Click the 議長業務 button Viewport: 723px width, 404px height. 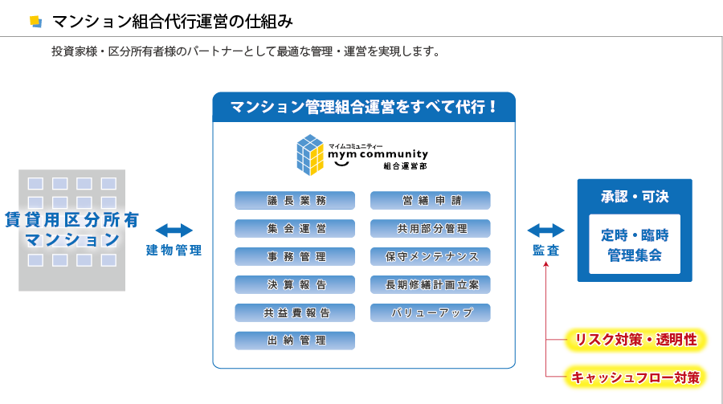[x=295, y=201]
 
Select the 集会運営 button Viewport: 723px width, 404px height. [x=295, y=229]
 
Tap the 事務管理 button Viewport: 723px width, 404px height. [x=295, y=257]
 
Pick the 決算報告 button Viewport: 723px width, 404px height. [x=295, y=285]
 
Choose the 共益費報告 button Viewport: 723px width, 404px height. [x=295, y=312]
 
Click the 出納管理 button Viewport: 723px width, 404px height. [x=295, y=341]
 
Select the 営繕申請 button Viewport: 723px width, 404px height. [x=431, y=201]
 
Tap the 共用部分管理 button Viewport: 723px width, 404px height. [x=431, y=229]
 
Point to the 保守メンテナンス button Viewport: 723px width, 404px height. [x=431, y=257]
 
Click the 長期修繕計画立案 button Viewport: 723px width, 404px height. [x=431, y=285]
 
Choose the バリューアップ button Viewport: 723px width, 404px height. [x=431, y=312]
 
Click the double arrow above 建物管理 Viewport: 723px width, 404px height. [x=174, y=231]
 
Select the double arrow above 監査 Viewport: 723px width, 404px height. [x=546, y=231]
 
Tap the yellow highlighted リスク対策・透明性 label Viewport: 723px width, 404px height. [x=636, y=340]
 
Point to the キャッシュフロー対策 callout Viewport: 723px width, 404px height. [x=636, y=377]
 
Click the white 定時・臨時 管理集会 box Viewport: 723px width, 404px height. [x=635, y=244]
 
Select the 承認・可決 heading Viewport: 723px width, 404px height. [x=635, y=197]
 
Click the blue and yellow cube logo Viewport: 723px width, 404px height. [x=310, y=155]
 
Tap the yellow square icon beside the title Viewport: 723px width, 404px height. [x=35, y=22]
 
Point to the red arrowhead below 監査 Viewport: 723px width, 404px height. [x=546, y=264]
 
